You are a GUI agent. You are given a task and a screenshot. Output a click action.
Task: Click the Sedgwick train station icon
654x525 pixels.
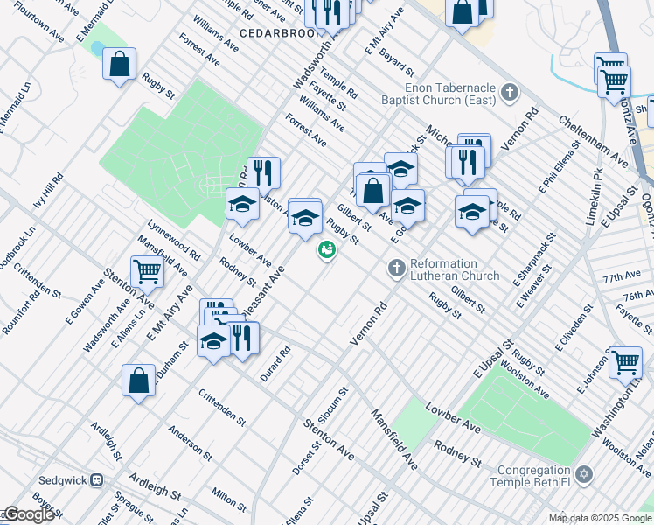(x=98, y=480)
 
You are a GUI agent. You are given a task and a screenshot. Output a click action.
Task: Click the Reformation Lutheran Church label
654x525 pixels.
(x=444, y=269)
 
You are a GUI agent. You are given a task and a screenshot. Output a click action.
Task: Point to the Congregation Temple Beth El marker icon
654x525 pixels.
(x=584, y=475)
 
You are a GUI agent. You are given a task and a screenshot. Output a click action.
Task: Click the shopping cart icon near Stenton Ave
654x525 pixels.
(x=147, y=272)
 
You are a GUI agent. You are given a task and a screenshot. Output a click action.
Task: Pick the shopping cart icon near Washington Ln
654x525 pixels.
(x=625, y=360)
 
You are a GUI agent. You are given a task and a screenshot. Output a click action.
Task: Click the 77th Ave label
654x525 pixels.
(x=622, y=276)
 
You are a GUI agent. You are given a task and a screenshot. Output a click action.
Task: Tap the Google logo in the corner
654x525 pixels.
(x=29, y=515)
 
